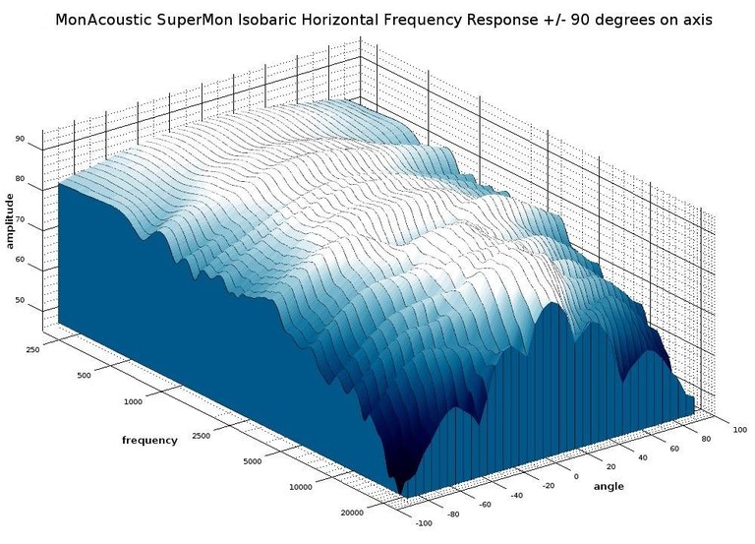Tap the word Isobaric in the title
(274, 18)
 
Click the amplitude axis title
(10, 221)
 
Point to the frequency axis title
(149, 440)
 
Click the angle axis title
(608, 486)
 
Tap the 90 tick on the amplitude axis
(20, 140)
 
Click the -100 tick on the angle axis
(420, 524)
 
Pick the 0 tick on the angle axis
(577, 475)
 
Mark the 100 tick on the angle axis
(740, 430)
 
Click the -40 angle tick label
(514, 496)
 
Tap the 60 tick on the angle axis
(674, 448)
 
